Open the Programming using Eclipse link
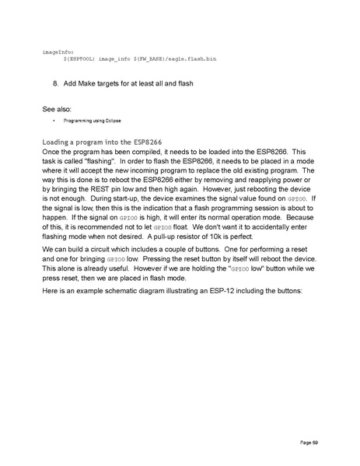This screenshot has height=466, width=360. [x=93, y=121]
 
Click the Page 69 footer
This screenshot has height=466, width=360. [x=309, y=442]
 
